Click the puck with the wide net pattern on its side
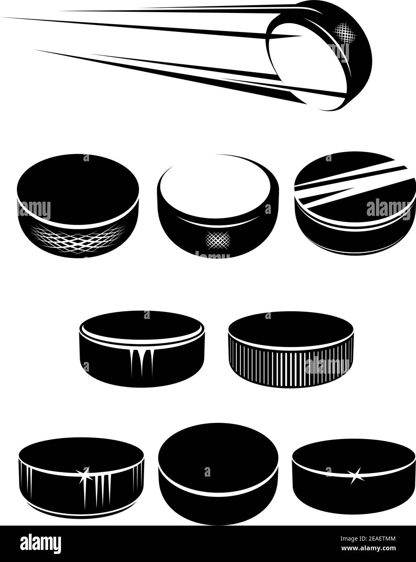click(78, 205)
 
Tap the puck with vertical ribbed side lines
click(290, 350)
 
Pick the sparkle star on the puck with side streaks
click(85, 474)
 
